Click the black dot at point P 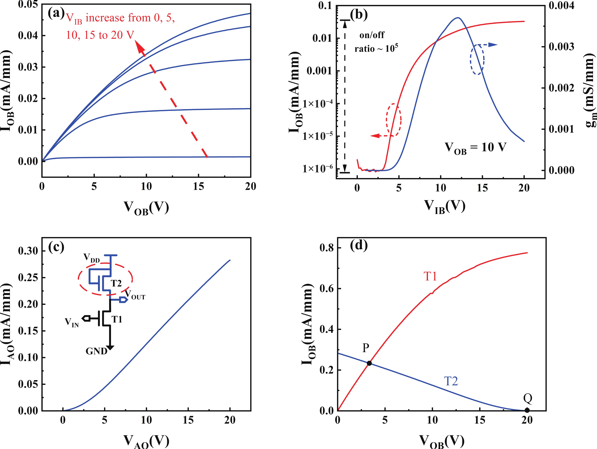pos(369,363)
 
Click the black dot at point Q pos(527,410)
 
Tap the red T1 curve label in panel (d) pos(430,276)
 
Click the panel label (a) pos(56,13)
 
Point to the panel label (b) pos(359,15)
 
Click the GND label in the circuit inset pos(96,351)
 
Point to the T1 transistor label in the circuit pos(117,319)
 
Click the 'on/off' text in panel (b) pos(372,35)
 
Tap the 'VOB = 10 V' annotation pos(475,148)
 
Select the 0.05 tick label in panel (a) pos(28,4)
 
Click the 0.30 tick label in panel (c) pos(28,251)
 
